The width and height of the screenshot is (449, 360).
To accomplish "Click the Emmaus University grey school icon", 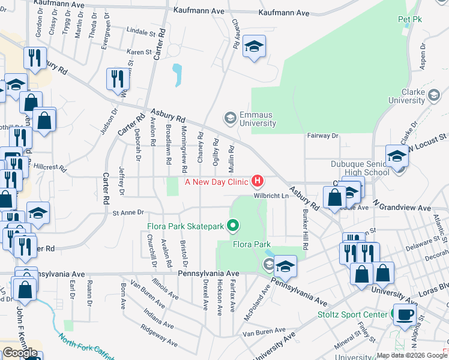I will coord(229,116).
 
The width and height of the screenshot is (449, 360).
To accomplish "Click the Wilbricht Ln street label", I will coord(268,195).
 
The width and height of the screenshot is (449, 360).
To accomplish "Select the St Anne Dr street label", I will coord(129,212).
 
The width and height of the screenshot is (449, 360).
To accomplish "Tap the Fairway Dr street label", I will coord(323,136).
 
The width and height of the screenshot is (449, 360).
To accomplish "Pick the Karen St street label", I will coord(139,52).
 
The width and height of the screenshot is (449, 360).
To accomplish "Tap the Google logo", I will coord(20,352).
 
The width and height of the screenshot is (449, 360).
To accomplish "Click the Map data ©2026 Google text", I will coord(411,355).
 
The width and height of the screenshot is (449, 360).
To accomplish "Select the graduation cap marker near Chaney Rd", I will coord(254,47).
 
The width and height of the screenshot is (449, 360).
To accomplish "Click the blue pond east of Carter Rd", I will coord(177,75).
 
